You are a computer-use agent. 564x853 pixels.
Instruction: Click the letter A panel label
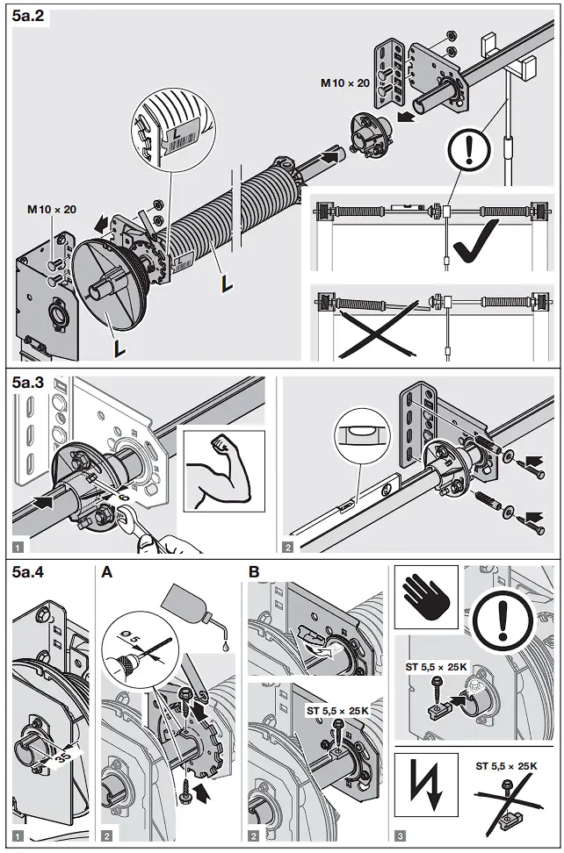coord(107,573)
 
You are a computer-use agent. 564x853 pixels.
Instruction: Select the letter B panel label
coord(254,573)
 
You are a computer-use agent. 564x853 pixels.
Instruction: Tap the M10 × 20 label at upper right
coord(343,82)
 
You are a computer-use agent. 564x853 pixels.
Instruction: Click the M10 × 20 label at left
coord(51,209)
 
